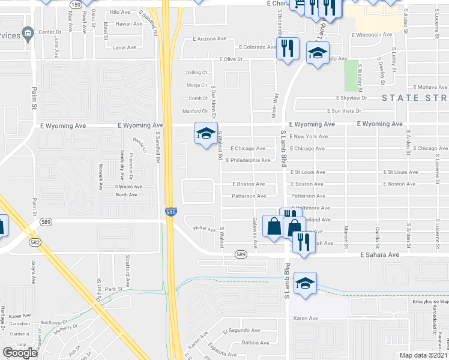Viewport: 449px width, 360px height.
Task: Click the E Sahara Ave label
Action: (379, 255)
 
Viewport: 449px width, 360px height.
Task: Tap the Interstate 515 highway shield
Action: (170, 212)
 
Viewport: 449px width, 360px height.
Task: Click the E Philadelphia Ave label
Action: (248, 160)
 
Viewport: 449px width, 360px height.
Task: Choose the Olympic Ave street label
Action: (128, 187)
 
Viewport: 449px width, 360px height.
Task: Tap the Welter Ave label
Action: (203, 228)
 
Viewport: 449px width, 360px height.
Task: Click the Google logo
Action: (20, 353)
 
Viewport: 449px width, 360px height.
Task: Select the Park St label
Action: (113, 289)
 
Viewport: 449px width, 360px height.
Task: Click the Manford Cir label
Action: (195, 111)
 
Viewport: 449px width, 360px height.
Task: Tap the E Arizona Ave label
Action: (209, 38)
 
